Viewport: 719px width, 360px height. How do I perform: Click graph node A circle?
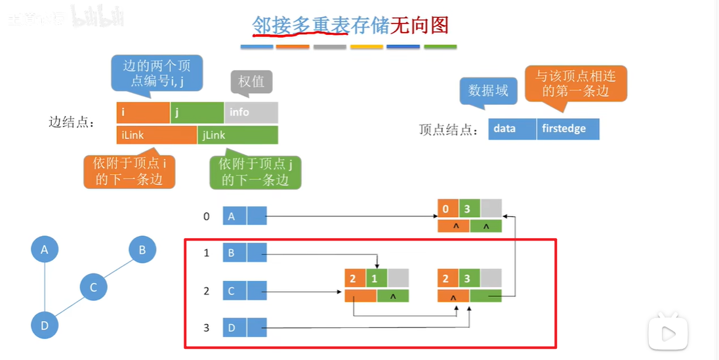pyautogui.click(x=45, y=250)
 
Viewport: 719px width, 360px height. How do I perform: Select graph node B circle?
pyautogui.click(x=142, y=250)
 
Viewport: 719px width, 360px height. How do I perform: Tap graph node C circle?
pyautogui.click(x=93, y=287)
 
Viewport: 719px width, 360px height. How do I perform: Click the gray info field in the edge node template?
pyautogui.click(x=251, y=112)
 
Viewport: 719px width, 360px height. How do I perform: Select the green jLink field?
pyautogui.click(x=237, y=135)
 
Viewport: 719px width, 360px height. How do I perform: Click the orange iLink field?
pyautogui.click(x=157, y=135)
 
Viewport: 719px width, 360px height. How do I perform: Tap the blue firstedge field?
pyautogui.click(x=568, y=129)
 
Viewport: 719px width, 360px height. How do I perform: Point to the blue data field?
pyautogui.click(x=512, y=129)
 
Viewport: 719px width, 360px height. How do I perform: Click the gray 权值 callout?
pyautogui.click(x=251, y=82)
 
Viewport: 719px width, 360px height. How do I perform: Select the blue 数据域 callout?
pyautogui.click(x=489, y=91)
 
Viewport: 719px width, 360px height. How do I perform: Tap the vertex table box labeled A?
pyautogui.click(x=235, y=216)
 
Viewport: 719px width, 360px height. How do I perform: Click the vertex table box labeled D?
pyautogui.click(x=235, y=327)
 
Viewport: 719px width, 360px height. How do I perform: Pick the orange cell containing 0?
pyautogui.click(x=447, y=209)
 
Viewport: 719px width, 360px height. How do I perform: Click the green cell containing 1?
pyautogui.click(x=377, y=279)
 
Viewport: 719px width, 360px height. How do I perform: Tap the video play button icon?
pyautogui.click(x=668, y=334)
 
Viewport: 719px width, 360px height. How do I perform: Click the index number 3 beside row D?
pyautogui.click(x=206, y=327)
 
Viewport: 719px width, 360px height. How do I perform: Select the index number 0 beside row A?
pyautogui.click(x=206, y=216)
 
